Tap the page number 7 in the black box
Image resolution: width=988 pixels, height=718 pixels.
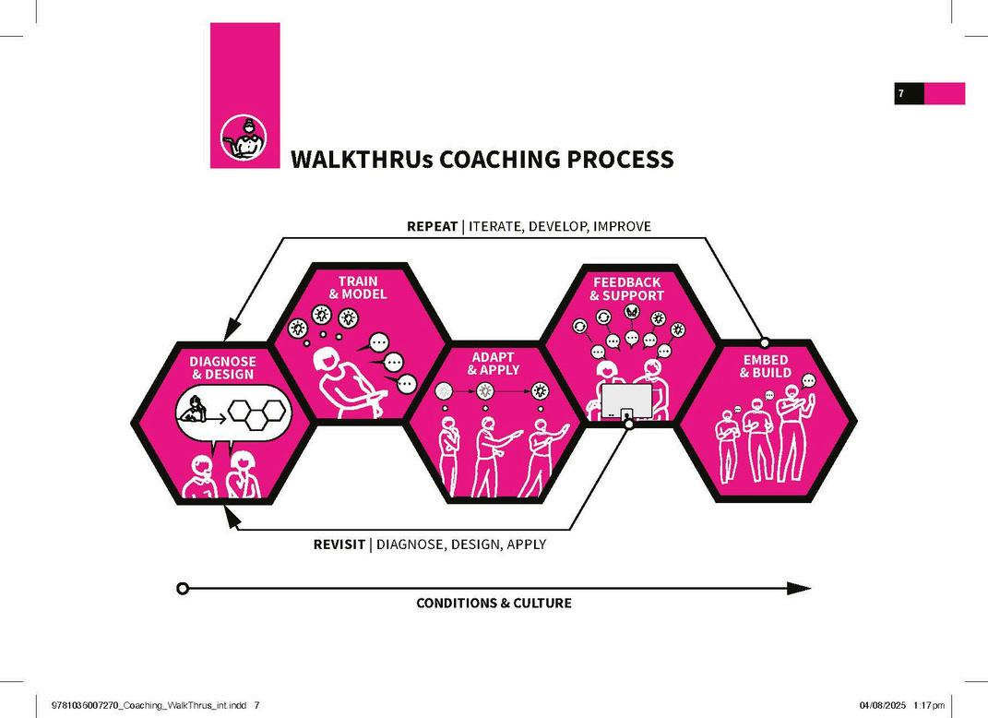pyautogui.click(x=900, y=93)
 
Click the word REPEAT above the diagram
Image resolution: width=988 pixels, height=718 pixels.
pyautogui.click(x=432, y=226)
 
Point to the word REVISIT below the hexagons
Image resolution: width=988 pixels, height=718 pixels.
pyautogui.click(x=339, y=544)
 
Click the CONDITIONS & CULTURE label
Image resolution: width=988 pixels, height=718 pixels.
pyautogui.click(x=494, y=604)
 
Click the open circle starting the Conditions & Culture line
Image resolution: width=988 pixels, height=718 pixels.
pyautogui.click(x=183, y=588)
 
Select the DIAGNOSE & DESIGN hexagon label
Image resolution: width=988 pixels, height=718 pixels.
pyautogui.click(x=223, y=367)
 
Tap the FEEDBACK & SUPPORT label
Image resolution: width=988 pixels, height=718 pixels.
pyautogui.click(x=627, y=288)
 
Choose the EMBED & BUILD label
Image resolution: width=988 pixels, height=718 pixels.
pyautogui.click(x=766, y=365)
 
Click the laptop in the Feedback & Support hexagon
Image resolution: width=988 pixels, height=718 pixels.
pyautogui.click(x=626, y=402)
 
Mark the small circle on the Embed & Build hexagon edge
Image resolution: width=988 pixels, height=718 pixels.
pyautogui.click(x=764, y=342)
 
